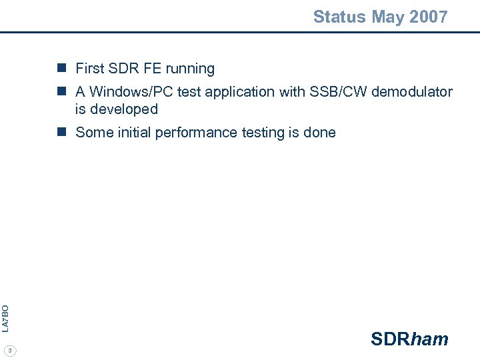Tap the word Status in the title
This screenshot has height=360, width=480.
coord(339,17)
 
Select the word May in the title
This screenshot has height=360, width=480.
coord(384,17)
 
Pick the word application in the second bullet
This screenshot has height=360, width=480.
coord(237,92)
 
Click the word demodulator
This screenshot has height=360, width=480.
coord(412,92)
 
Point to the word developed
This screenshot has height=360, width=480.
coord(125,109)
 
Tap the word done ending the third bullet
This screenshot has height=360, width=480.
coord(319,133)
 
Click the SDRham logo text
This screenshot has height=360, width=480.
coord(409,339)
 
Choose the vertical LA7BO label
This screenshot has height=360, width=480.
coord(5,318)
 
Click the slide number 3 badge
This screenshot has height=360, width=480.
coord(11,350)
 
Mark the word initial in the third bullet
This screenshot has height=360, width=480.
coord(133,133)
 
